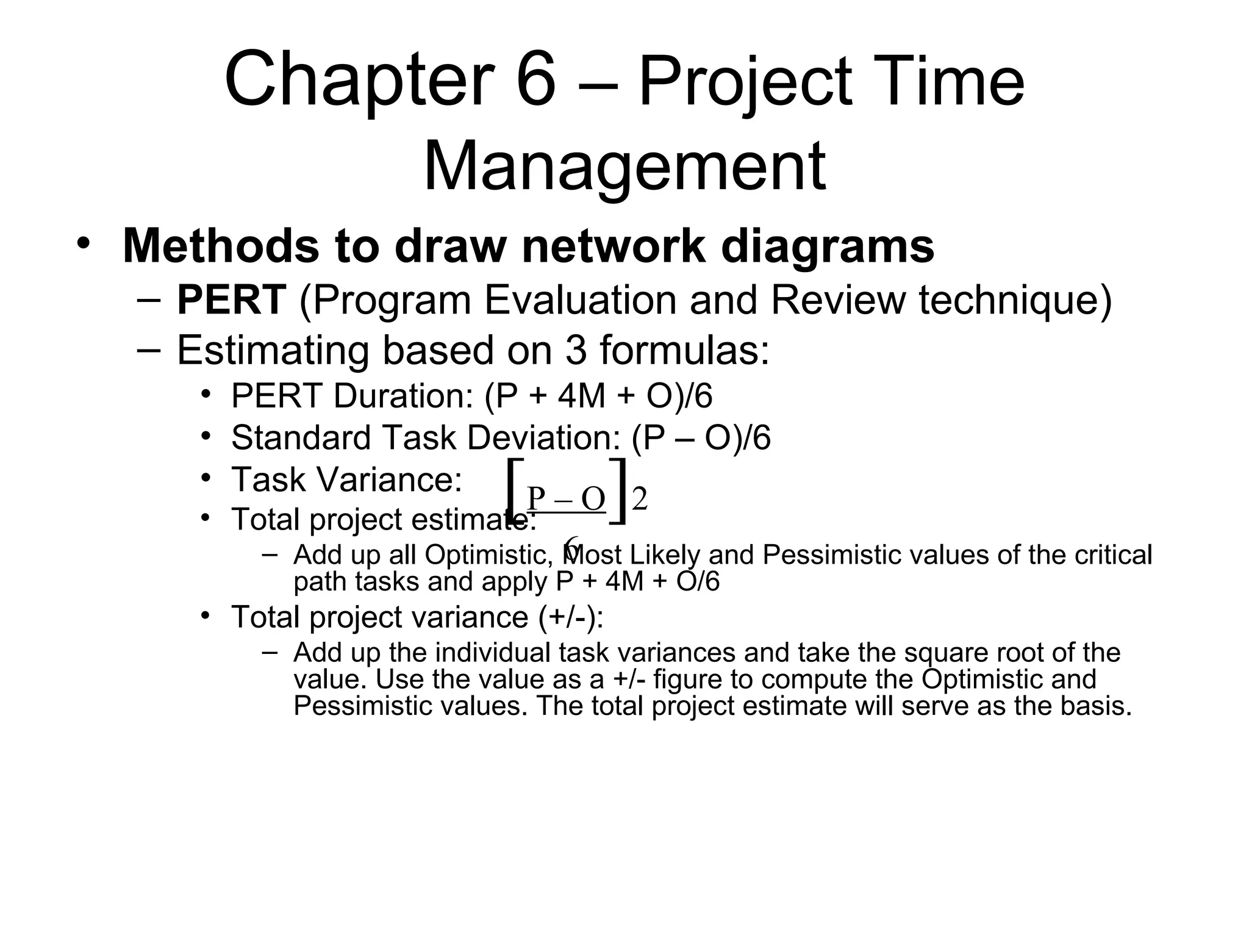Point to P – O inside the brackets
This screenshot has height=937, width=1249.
click(x=565, y=499)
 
